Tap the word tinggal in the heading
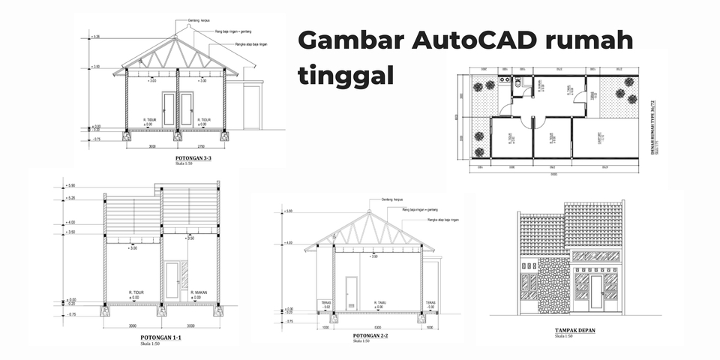tap(346, 76)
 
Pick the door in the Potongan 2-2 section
tap(350, 293)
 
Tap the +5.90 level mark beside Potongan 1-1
tap(70, 184)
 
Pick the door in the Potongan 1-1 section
tap(172, 280)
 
